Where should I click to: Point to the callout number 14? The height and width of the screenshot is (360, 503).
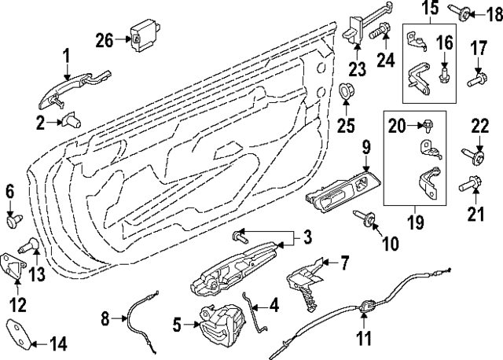pyautogui.click(x=58, y=343)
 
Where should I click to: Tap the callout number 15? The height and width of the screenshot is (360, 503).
pyautogui.click(x=430, y=10)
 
